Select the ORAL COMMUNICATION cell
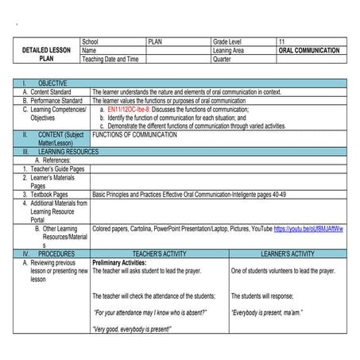click(308, 50)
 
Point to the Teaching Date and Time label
click(110, 59)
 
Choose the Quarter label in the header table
click(223, 59)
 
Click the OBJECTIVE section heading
click(52, 83)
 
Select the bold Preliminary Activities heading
click(120, 262)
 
